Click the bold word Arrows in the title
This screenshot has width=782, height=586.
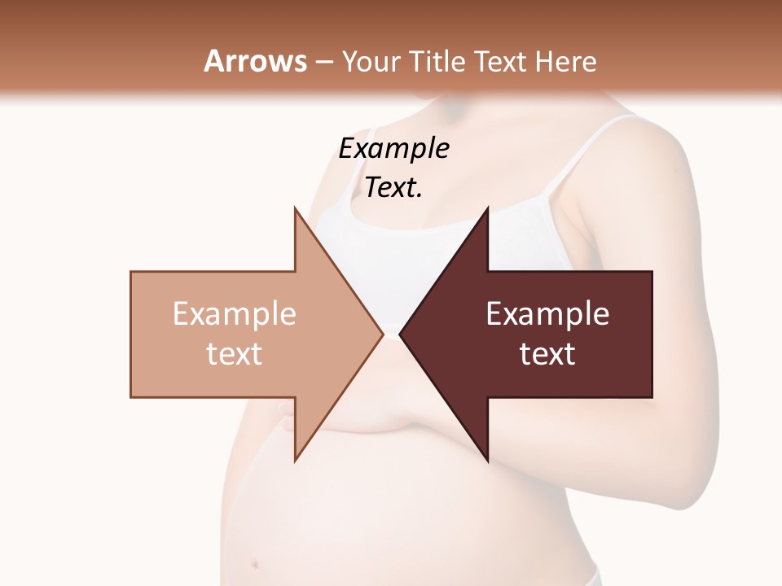click(x=256, y=61)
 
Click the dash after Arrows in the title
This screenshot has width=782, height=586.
click(x=324, y=63)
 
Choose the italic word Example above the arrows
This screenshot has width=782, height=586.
click(x=394, y=149)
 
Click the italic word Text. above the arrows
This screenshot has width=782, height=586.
click(x=394, y=188)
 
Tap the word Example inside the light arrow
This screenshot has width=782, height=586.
click(x=235, y=314)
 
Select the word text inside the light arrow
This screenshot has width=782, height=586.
click(x=235, y=353)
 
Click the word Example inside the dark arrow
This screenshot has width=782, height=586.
click(x=547, y=314)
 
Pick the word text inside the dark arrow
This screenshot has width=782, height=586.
click(x=547, y=353)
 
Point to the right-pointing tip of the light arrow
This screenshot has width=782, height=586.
click(x=383, y=334)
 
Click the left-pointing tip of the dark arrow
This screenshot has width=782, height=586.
click(x=400, y=334)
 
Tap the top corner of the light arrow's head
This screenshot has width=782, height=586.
click(x=295, y=208)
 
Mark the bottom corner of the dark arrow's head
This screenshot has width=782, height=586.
click(x=488, y=461)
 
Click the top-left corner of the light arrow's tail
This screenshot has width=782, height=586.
click(x=131, y=272)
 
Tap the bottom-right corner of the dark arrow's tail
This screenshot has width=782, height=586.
click(x=652, y=396)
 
